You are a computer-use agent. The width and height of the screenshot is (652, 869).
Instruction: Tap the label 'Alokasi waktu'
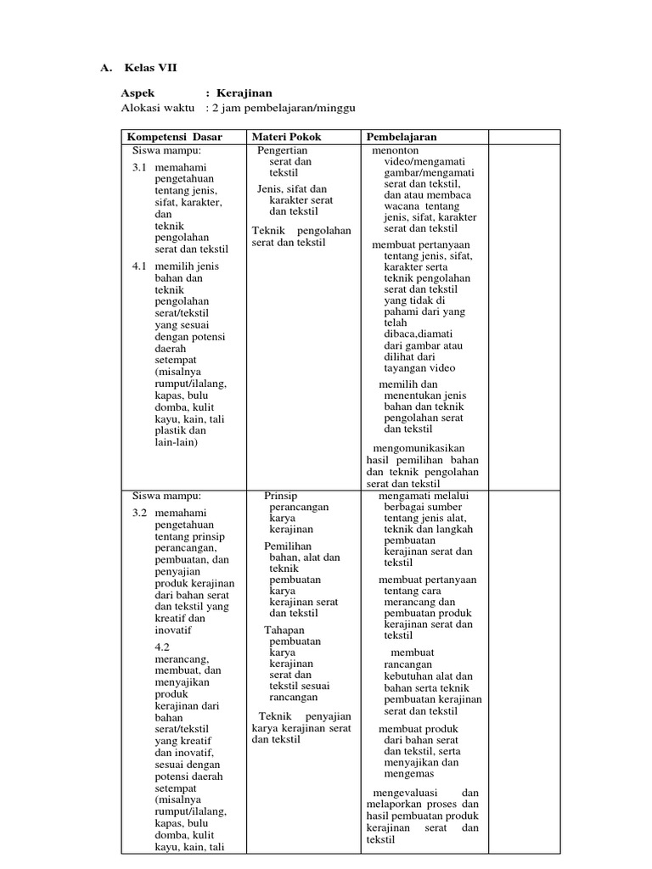(x=159, y=109)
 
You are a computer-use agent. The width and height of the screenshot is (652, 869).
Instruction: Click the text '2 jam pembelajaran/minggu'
(x=284, y=109)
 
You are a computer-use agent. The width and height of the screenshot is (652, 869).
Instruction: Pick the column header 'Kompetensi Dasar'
(x=174, y=137)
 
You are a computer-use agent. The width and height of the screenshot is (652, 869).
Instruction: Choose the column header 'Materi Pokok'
(x=287, y=137)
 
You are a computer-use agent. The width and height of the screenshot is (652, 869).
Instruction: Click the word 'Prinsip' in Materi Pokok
(x=281, y=495)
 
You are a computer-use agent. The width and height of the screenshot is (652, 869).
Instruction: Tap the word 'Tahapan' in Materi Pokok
(x=284, y=630)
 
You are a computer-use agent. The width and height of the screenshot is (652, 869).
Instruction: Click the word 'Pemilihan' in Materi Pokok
(x=288, y=546)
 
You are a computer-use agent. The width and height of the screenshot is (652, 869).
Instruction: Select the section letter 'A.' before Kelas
(x=107, y=68)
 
